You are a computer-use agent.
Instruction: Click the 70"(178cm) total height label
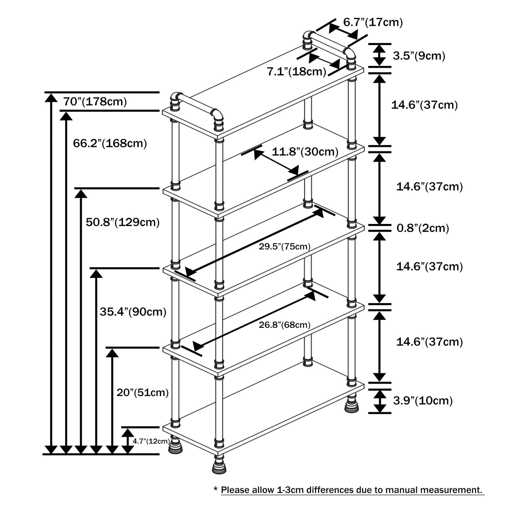tap(95, 101)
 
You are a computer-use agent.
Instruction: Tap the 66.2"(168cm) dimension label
tap(110, 143)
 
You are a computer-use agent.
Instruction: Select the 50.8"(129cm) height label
tap(122, 222)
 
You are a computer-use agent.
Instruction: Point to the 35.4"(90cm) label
tap(133, 312)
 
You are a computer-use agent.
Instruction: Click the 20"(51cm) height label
tap(143, 392)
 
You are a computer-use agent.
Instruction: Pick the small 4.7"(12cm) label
tap(151, 441)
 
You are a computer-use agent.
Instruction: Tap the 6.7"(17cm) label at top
tap(373, 22)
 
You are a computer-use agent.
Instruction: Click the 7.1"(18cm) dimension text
tap(296, 72)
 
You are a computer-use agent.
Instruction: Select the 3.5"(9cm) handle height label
tap(419, 56)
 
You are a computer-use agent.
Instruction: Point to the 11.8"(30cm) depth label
tap(305, 152)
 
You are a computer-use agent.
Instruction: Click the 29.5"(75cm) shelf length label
tap(285, 246)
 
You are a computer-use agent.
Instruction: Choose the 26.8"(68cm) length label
tap(285, 325)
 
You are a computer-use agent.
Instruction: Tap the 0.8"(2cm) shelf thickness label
tap(423, 228)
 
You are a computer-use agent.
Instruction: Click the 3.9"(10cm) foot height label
tap(423, 401)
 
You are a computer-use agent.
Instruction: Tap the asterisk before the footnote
tap(215, 489)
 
